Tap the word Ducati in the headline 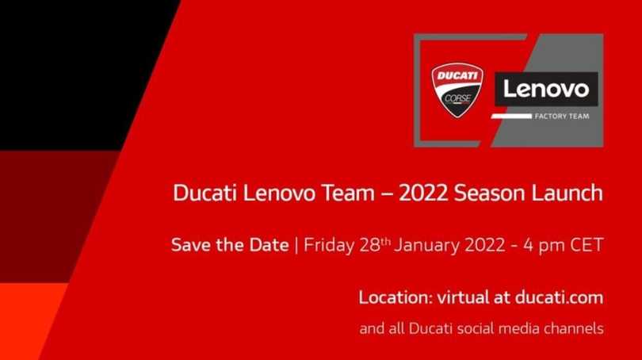tap(200, 193)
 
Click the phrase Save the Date tap(230, 244)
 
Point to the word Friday tap(330, 244)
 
